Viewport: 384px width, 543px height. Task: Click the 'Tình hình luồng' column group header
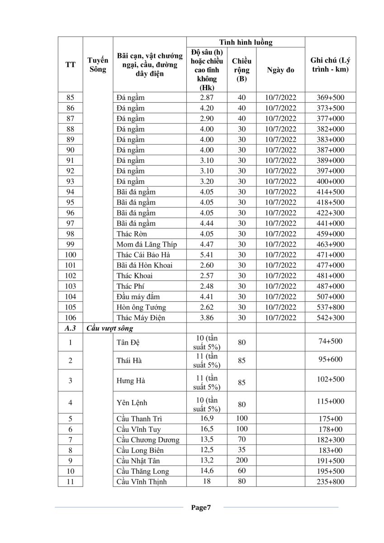click(x=246, y=43)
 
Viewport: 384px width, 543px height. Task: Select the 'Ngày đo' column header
click(x=280, y=70)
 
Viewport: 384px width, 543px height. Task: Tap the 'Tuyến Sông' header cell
click(x=98, y=65)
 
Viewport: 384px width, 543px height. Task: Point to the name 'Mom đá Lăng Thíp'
click(x=147, y=244)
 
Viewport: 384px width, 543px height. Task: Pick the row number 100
click(x=70, y=255)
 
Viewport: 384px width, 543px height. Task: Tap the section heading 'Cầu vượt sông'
click(x=110, y=328)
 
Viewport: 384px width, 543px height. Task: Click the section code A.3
click(x=70, y=328)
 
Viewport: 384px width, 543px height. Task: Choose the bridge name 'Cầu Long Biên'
click(x=140, y=450)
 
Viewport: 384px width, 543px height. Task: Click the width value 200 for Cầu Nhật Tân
click(x=242, y=460)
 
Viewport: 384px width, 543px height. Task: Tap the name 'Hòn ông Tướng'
click(x=141, y=307)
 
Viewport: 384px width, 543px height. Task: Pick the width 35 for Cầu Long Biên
click(x=242, y=450)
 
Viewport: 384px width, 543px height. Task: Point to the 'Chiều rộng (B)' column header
click(x=242, y=70)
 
